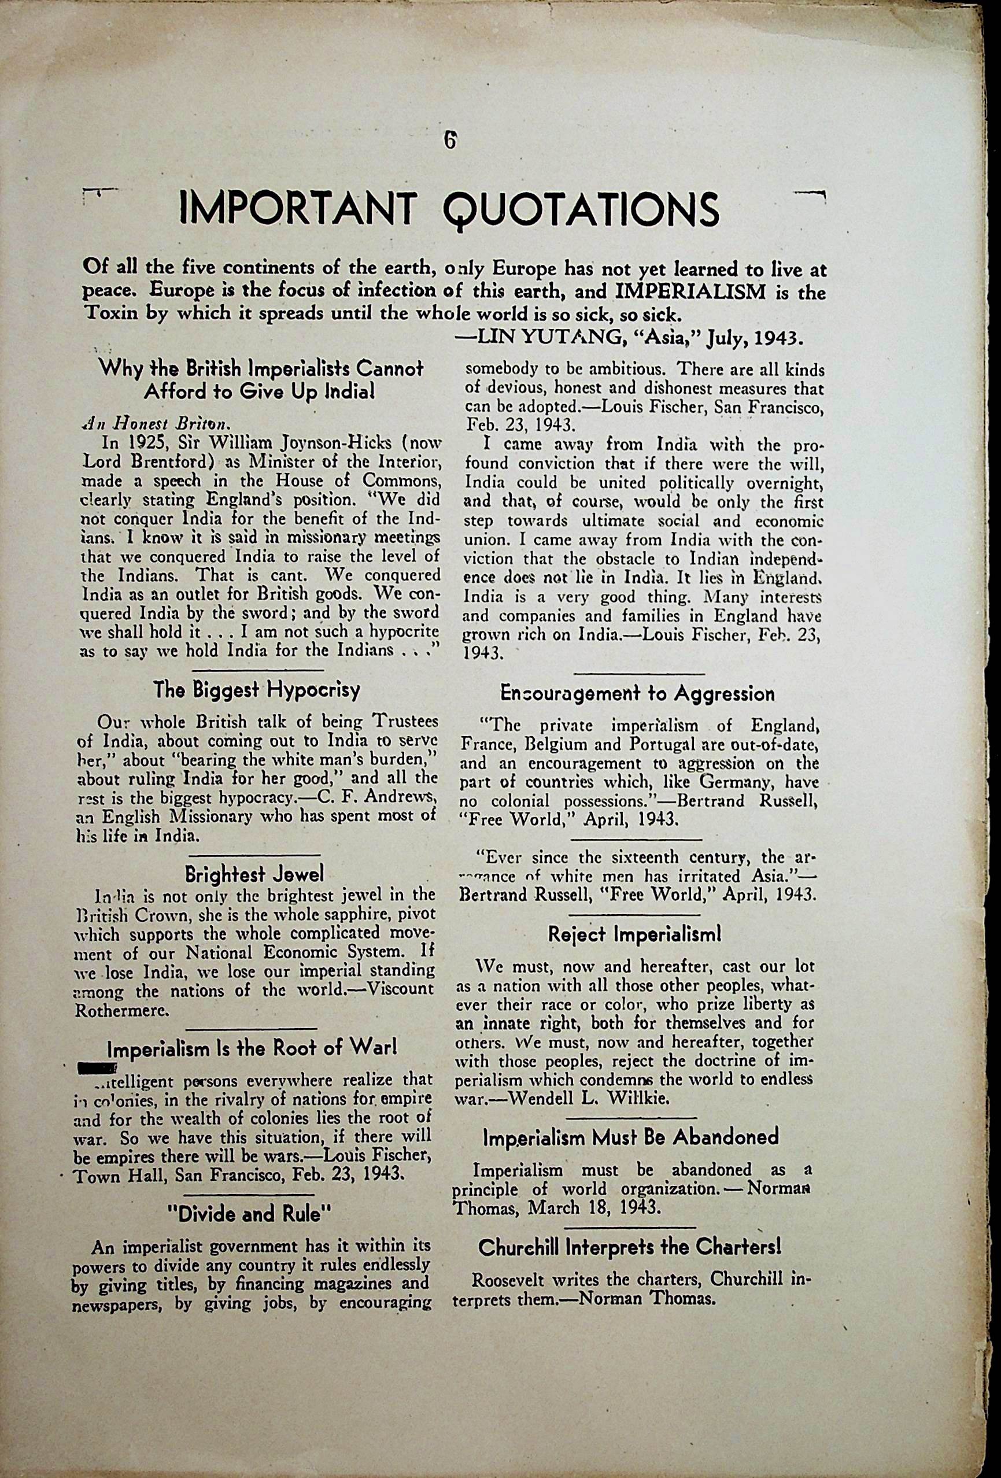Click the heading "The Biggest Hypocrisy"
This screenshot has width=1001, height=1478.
tap(256, 689)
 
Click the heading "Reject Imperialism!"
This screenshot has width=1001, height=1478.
tap(635, 934)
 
